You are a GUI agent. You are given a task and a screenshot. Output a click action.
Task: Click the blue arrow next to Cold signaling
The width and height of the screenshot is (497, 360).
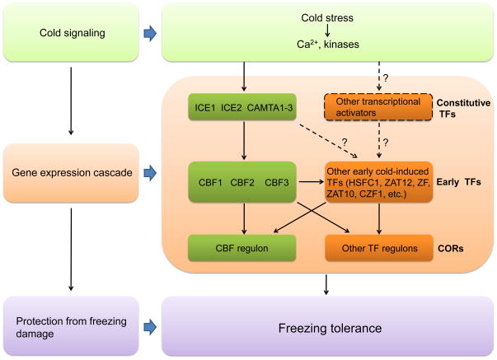(x=149, y=34)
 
